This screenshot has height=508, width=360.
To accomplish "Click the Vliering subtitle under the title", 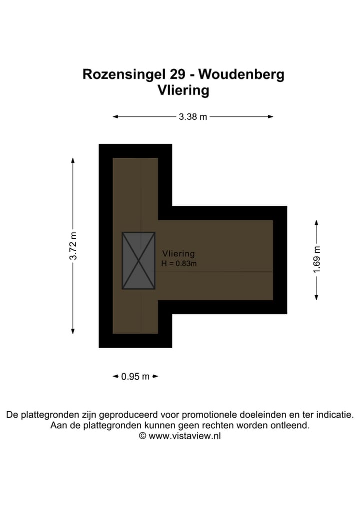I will (x=183, y=90).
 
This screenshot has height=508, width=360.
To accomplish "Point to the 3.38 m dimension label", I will (x=193, y=117).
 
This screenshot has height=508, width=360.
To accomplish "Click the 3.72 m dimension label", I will (x=73, y=246).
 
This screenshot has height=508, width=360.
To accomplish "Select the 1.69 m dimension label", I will (x=316, y=260).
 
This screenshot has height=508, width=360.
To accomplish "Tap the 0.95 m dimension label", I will (x=135, y=377).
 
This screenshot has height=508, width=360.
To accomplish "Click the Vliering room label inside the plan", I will (x=178, y=254).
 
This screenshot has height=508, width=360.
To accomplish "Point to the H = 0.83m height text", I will (x=179, y=263).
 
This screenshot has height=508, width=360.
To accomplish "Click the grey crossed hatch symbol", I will (x=138, y=260).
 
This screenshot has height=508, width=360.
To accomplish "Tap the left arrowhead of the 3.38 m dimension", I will (x=115, y=117).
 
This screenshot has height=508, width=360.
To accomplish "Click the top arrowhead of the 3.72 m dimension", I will (x=73, y=160).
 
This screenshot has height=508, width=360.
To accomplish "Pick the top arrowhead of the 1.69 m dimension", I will (x=316, y=222).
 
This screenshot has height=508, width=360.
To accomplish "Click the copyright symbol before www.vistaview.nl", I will (x=142, y=436).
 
